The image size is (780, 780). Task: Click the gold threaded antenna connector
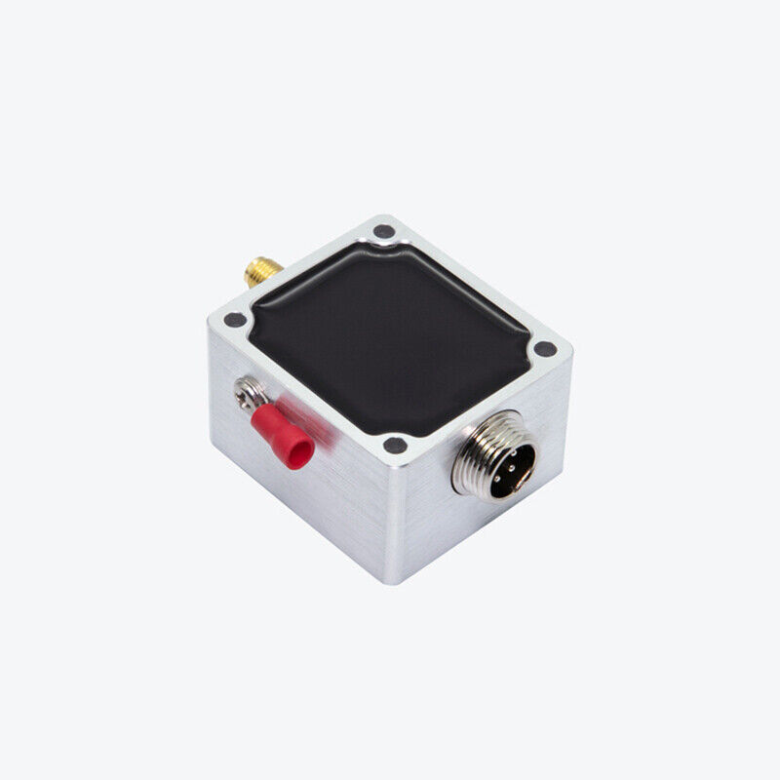click(262, 270)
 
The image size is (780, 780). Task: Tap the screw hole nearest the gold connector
click(384, 232)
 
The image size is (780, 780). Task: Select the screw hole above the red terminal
click(235, 319)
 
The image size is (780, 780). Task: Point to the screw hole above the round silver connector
click(545, 348)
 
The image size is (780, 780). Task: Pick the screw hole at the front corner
click(395, 446)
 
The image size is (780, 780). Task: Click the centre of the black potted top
click(390, 336)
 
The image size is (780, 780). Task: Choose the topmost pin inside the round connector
click(512, 450)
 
